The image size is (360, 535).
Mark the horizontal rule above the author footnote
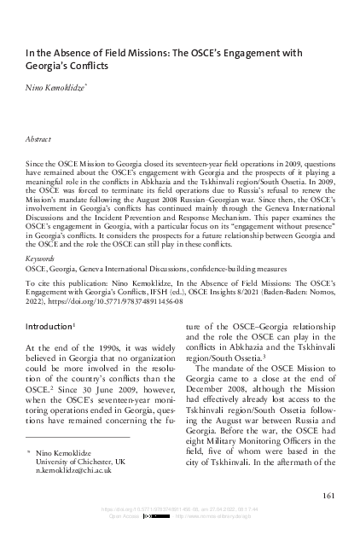point(78,438)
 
